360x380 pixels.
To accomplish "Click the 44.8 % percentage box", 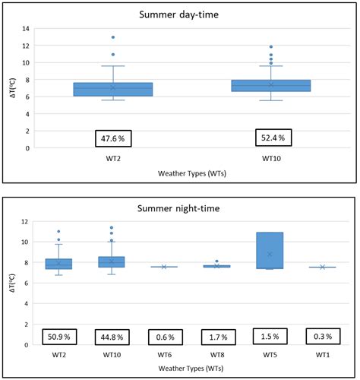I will pyautogui.click(x=111, y=335).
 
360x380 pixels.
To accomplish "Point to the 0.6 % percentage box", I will pyautogui.click(x=164, y=335).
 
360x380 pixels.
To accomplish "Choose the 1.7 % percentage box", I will pyautogui.click(x=217, y=335).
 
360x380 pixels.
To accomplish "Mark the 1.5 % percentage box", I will pyautogui.click(x=270, y=335).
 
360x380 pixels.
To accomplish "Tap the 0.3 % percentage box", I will pyautogui.click(x=322, y=334).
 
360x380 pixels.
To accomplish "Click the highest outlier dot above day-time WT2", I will pyautogui.click(x=113, y=37).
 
